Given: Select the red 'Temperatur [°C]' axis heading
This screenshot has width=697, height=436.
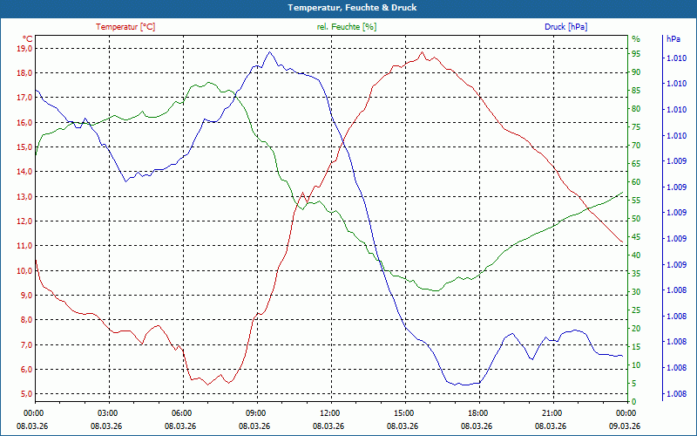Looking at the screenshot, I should (x=125, y=27).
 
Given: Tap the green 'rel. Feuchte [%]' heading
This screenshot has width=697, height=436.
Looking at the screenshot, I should (x=347, y=27).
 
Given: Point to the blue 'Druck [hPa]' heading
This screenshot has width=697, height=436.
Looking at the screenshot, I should (x=566, y=27).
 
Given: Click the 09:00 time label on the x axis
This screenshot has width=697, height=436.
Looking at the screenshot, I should (x=255, y=413).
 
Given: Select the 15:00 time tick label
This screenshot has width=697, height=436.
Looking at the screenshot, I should (x=403, y=413).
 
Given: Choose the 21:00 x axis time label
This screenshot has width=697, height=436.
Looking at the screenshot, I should (x=552, y=413).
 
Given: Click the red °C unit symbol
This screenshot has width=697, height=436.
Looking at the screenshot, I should (x=27, y=38).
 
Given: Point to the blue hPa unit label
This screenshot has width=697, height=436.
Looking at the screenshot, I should (x=673, y=38).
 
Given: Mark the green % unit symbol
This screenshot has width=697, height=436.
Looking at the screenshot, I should (x=635, y=38).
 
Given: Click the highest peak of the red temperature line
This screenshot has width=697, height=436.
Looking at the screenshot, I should (x=423, y=52).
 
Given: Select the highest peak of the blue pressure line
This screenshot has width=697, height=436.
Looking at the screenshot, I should (x=270, y=52).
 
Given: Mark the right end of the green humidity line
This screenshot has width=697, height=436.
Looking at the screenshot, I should (x=623, y=193).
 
